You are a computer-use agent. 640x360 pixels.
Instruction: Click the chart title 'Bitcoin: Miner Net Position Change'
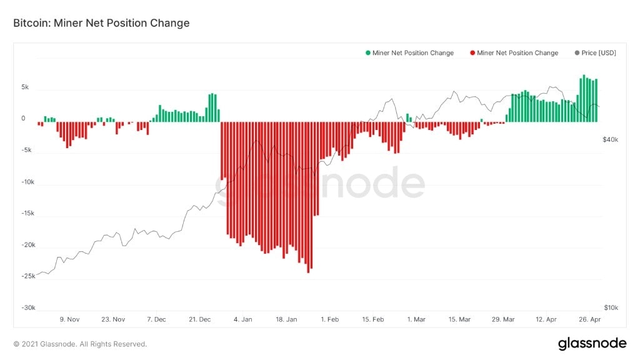tap(101, 23)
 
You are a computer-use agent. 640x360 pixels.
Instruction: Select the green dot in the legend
tap(369, 53)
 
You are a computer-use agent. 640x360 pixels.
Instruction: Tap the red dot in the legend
tap(472, 53)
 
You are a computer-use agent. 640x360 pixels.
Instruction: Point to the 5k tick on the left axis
tap(24, 87)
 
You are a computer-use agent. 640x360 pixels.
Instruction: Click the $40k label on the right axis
tap(610, 140)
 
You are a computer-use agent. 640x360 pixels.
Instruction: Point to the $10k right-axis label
tap(611, 308)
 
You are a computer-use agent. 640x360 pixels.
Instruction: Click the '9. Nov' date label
tap(69, 319)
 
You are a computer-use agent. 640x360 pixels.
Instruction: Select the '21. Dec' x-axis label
tap(199, 319)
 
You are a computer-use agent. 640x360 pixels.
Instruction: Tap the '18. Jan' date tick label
tap(286, 319)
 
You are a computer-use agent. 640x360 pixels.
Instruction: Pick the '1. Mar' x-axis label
tap(416, 319)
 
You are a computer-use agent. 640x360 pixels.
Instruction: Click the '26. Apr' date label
tap(589, 319)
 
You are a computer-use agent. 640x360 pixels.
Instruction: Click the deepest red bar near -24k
tap(308, 197)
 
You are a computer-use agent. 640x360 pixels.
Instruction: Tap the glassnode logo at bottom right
tap(591, 343)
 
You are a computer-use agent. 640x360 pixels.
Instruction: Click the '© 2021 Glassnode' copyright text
tap(80, 344)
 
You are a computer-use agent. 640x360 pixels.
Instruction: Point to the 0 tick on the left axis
tap(23, 119)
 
